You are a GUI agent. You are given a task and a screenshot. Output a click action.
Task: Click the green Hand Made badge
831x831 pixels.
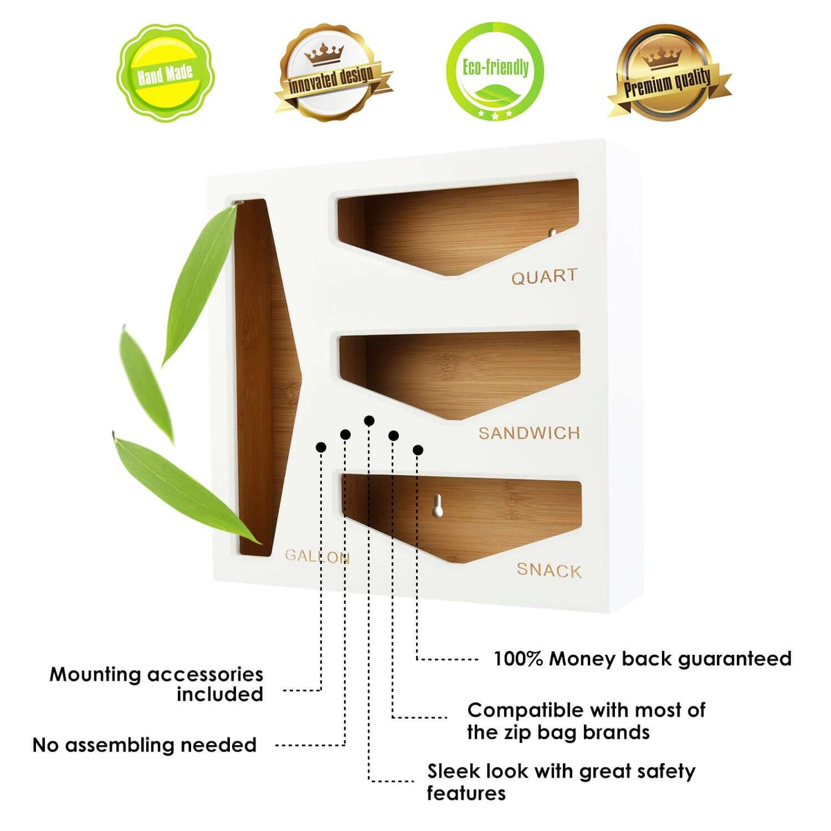pos(165,72)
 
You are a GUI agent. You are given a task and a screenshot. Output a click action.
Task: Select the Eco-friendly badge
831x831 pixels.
pos(495,71)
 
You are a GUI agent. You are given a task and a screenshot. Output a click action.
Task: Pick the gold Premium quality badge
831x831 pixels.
pos(667,73)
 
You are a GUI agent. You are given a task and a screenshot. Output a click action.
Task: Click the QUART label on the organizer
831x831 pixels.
pos(544,277)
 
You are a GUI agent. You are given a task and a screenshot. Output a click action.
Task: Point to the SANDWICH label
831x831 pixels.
pos(529,434)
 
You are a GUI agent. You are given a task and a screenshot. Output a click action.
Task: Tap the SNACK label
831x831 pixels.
pos(548,571)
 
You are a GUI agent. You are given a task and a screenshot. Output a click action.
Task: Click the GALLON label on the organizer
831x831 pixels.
pos(317,556)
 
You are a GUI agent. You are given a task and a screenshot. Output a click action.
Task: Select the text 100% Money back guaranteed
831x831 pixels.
pos(642,659)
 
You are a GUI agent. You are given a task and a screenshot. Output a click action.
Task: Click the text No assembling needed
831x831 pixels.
pos(145,745)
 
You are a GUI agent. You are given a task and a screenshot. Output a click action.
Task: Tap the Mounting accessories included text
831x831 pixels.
pos(157,684)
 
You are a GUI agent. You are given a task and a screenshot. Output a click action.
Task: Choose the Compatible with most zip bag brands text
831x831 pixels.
pos(586,721)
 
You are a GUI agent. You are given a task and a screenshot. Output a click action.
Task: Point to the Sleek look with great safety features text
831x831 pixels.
pos(561,782)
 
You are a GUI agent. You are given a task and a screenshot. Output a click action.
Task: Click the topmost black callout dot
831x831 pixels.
pos(369,420)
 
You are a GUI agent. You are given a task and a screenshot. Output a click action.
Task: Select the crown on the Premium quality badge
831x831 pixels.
pos(663,57)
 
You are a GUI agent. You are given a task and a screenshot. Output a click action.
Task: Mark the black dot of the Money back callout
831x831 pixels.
pos(418,450)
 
